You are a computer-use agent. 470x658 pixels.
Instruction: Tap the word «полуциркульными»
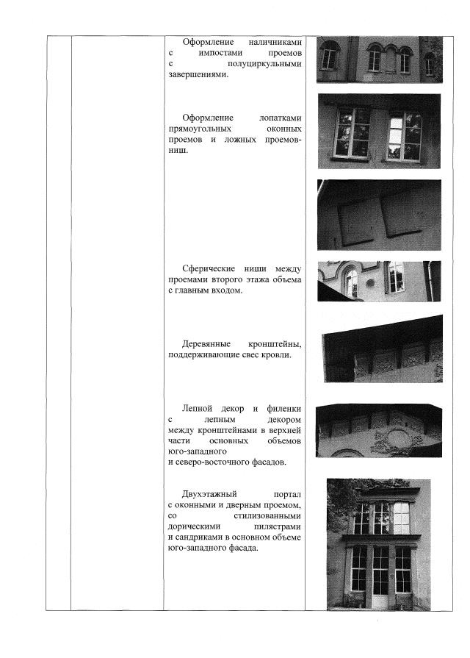tap(265, 64)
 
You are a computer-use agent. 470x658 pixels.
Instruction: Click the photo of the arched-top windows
tap(379, 59)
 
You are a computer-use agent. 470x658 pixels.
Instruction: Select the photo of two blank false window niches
tap(379, 214)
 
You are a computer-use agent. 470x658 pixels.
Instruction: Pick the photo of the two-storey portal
tap(378, 544)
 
